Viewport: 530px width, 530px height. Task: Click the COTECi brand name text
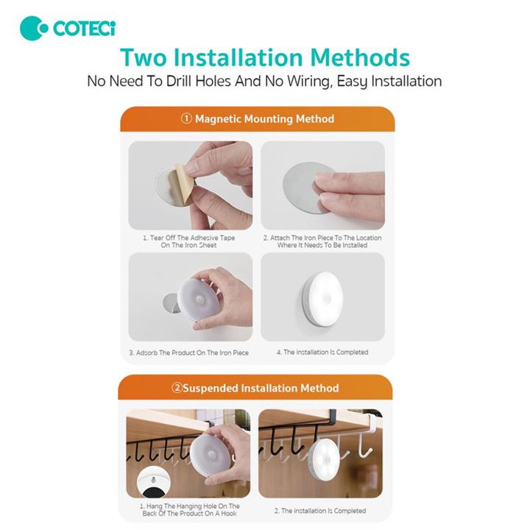[84, 29]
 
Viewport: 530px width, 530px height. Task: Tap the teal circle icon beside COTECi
[34, 29]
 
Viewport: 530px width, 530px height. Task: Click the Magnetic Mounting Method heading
[264, 119]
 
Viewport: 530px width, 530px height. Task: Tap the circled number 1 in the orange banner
[186, 119]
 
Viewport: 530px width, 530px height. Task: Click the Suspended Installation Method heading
[261, 388]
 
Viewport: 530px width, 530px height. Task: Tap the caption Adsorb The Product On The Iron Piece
[188, 353]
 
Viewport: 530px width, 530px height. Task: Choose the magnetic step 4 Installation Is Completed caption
[322, 352]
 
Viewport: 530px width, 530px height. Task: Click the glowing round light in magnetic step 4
[323, 299]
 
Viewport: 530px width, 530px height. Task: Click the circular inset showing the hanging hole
[153, 482]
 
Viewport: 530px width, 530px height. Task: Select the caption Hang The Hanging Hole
[189, 509]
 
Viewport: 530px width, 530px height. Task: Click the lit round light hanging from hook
[325, 459]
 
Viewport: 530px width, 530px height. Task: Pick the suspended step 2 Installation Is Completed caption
[320, 511]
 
